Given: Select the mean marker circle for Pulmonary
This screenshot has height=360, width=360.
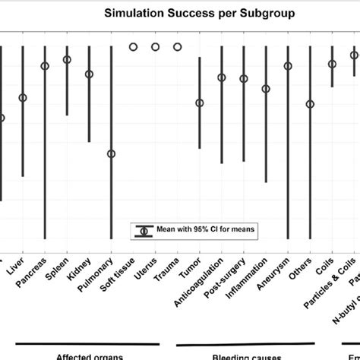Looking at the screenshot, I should [x=111, y=153].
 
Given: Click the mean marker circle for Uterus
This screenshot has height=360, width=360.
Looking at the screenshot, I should [x=155, y=47].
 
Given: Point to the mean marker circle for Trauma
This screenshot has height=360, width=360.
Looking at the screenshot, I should [x=178, y=47].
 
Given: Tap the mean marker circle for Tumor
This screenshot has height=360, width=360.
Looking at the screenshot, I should [x=200, y=103].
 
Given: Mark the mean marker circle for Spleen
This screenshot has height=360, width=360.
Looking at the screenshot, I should [x=67, y=59].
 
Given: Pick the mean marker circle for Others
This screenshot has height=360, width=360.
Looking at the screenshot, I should [x=310, y=104].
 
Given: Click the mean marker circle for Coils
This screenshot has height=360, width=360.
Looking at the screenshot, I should [x=332, y=65].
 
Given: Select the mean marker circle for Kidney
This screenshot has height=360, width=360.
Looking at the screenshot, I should [x=89, y=74].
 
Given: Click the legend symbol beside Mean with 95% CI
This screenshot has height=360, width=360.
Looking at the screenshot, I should [x=144, y=230].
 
